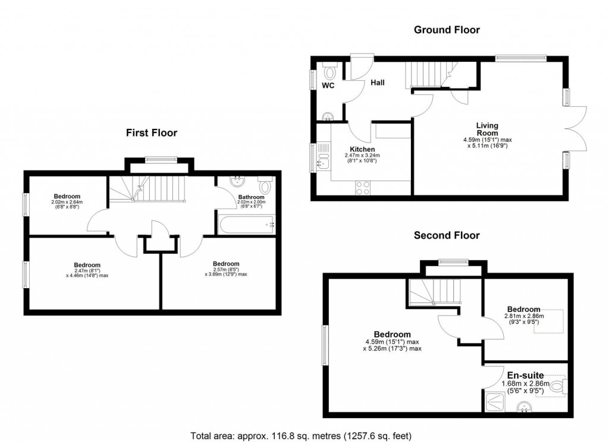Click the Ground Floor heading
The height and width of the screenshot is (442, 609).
[x=447, y=30]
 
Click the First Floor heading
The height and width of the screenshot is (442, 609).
[x=151, y=133]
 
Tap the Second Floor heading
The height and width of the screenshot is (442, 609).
[x=447, y=236]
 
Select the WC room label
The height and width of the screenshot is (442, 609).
[x=328, y=86]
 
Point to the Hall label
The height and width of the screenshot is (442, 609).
[x=378, y=83]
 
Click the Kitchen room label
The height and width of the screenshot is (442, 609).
[x=362, y=149]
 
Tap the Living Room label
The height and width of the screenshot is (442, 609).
[x=487, y=129]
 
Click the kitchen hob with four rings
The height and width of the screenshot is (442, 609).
[x=363, y=187]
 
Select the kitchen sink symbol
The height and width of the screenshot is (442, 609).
[x=323, y=158]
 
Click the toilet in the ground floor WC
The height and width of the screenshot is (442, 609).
[x=330, y=72]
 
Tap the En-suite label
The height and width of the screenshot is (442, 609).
[x=525, y=375]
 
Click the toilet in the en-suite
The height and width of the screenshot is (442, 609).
[x=557, y=387]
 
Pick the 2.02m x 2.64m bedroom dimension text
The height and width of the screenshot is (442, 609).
[x=67, y=202]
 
